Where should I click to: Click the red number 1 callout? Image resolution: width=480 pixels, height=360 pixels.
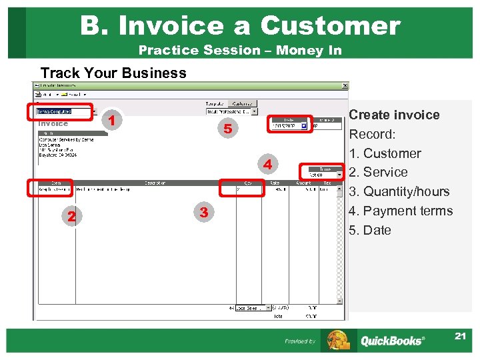click(x=114, y=121)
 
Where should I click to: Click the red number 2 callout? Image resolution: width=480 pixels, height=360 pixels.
click(x=71, y=216)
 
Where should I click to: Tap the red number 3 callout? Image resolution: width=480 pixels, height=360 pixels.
click(x=204, y=213)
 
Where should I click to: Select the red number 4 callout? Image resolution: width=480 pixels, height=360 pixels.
click(x=267, y=164)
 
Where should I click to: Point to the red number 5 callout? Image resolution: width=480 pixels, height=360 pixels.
click(x=227, y=129)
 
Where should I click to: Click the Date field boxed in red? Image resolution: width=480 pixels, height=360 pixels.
click(x=289, y=125)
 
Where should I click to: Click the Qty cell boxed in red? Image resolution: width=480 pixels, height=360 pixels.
click(x=242, y=189)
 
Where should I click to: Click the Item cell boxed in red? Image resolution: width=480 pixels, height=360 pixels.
click(x=51, y=189)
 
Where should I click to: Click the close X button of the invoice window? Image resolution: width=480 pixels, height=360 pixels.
click(x=345, y=85)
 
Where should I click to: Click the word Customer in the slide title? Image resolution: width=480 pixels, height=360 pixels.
click(x=330, y=25)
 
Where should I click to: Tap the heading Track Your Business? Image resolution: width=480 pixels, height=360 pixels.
click(x=113, y=73)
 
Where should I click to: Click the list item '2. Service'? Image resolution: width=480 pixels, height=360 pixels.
click(x=378, y=172)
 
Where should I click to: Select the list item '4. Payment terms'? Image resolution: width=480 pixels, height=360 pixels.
click(x=401, y=211)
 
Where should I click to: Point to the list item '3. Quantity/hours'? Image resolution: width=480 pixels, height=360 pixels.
click(x=399, y=191)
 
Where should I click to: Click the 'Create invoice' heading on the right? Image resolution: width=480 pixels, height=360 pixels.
click(x=394, y=115)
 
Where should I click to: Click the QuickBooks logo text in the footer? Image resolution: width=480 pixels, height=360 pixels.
click(x=391, y=341)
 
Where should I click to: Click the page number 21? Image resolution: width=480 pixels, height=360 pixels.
click(x=460, y=336)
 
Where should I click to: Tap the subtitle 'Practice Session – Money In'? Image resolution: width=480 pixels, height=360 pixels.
click(x=240, y=50)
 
